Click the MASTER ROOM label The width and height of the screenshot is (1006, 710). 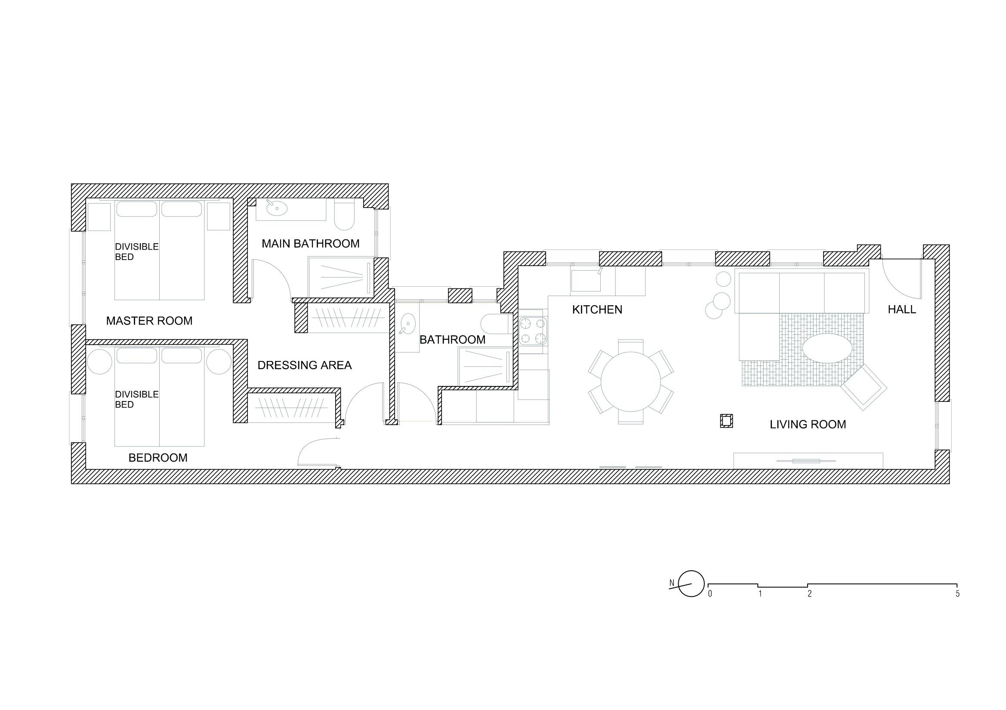tap(149, 321)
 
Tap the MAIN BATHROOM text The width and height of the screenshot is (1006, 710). tap(310, 243)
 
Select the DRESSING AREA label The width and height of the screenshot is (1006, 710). tap(305, 365)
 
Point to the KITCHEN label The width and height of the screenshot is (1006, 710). tap(597, 309)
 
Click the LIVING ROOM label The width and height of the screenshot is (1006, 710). tap(808, 424)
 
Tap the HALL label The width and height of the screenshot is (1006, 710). tap(902, 309)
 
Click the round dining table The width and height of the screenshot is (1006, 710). tap(630, 382)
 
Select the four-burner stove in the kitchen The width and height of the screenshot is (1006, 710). tap(533, 331)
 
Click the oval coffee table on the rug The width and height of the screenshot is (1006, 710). tap(827, 349)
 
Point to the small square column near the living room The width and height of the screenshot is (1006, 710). tap(726, 421)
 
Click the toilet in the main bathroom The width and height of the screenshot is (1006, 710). tap(344, 214)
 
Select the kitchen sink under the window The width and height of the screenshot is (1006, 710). tap(586, 281)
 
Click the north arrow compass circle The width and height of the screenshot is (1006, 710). tap(691, 584)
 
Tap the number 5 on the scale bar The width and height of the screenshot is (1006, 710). tap(957, 594)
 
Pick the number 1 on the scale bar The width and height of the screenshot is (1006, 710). tap(760, 594)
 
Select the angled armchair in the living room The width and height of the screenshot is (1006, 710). tap(864, 387)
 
